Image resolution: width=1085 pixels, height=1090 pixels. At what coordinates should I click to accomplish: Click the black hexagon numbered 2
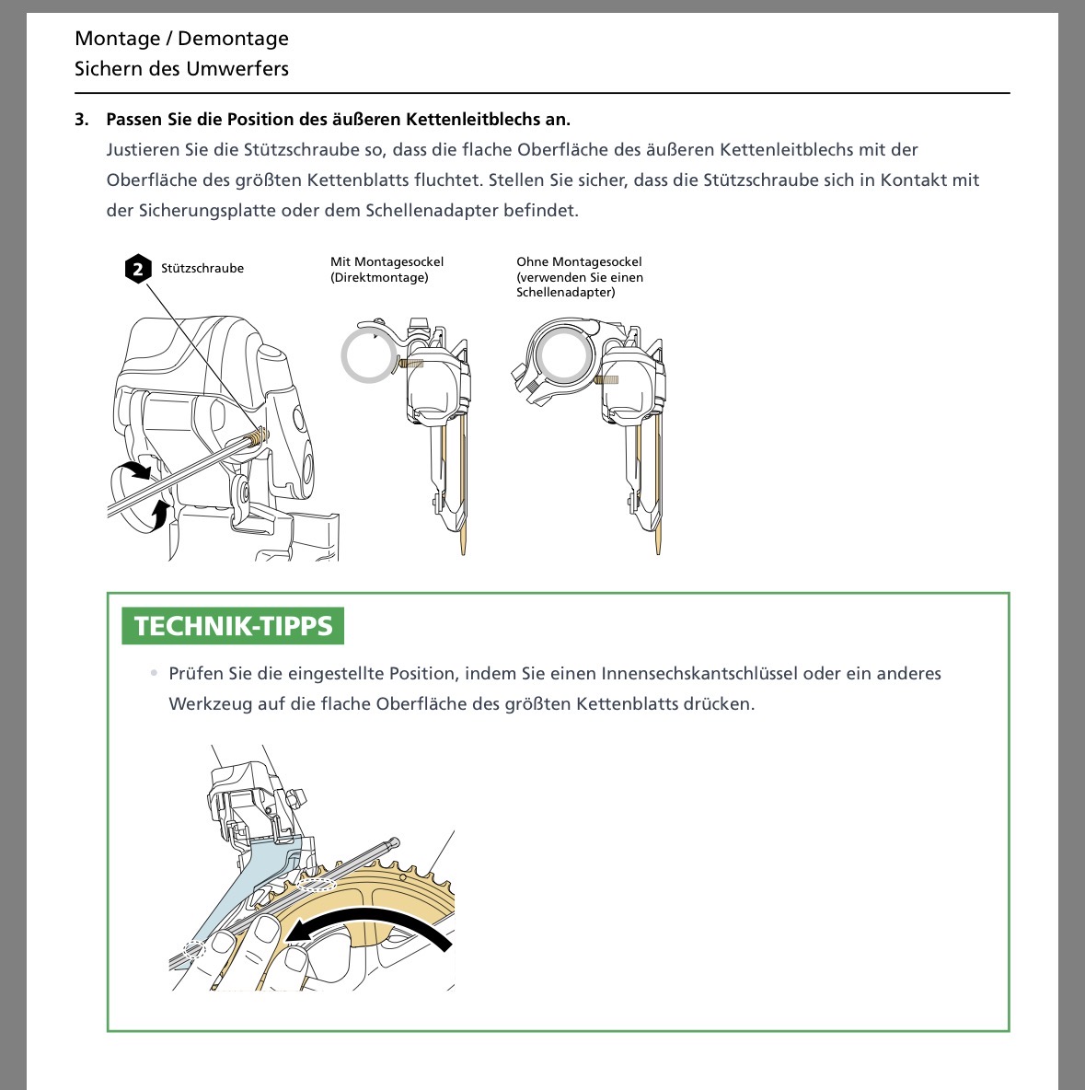(x=138, y=269)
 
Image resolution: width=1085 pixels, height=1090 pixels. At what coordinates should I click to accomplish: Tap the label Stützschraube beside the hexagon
(x=202, y=269)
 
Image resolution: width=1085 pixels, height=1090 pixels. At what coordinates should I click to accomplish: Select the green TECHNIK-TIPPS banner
(x=233, y=626)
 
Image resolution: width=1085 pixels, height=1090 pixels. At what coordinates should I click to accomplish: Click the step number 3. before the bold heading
(x=83, y=120)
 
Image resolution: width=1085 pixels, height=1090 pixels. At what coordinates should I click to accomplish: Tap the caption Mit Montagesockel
(x=387, y=262)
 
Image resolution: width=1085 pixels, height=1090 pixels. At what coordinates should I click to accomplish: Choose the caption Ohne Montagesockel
(x=579, y=262)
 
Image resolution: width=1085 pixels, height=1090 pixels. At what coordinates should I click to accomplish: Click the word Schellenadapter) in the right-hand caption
(x=566, y=293)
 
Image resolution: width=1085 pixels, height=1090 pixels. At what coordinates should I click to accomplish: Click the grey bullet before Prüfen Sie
(x=154, y=674)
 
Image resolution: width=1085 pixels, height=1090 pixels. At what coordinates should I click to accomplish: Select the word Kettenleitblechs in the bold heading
(x=467, y=120)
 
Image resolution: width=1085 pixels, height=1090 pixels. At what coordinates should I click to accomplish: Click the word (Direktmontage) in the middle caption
(x=379, y=278)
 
